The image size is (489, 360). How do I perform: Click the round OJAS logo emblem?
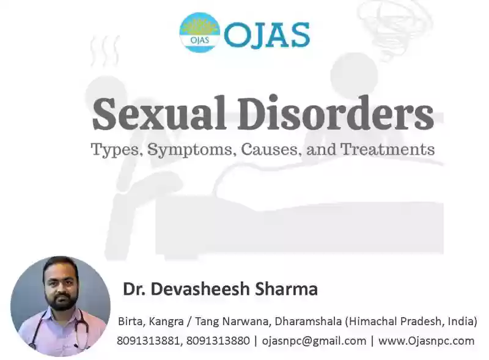200,32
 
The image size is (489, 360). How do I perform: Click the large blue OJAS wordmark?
267,35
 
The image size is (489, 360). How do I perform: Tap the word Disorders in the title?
336,113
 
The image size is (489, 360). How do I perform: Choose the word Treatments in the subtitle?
388,149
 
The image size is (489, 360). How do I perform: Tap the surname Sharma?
287,288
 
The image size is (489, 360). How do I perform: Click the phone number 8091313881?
149,341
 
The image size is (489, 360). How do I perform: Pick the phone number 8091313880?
218,341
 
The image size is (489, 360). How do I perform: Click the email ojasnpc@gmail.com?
314,341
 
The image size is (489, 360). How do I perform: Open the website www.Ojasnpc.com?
426,341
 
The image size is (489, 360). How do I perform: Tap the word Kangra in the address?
166,321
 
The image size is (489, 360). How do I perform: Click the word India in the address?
462,321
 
